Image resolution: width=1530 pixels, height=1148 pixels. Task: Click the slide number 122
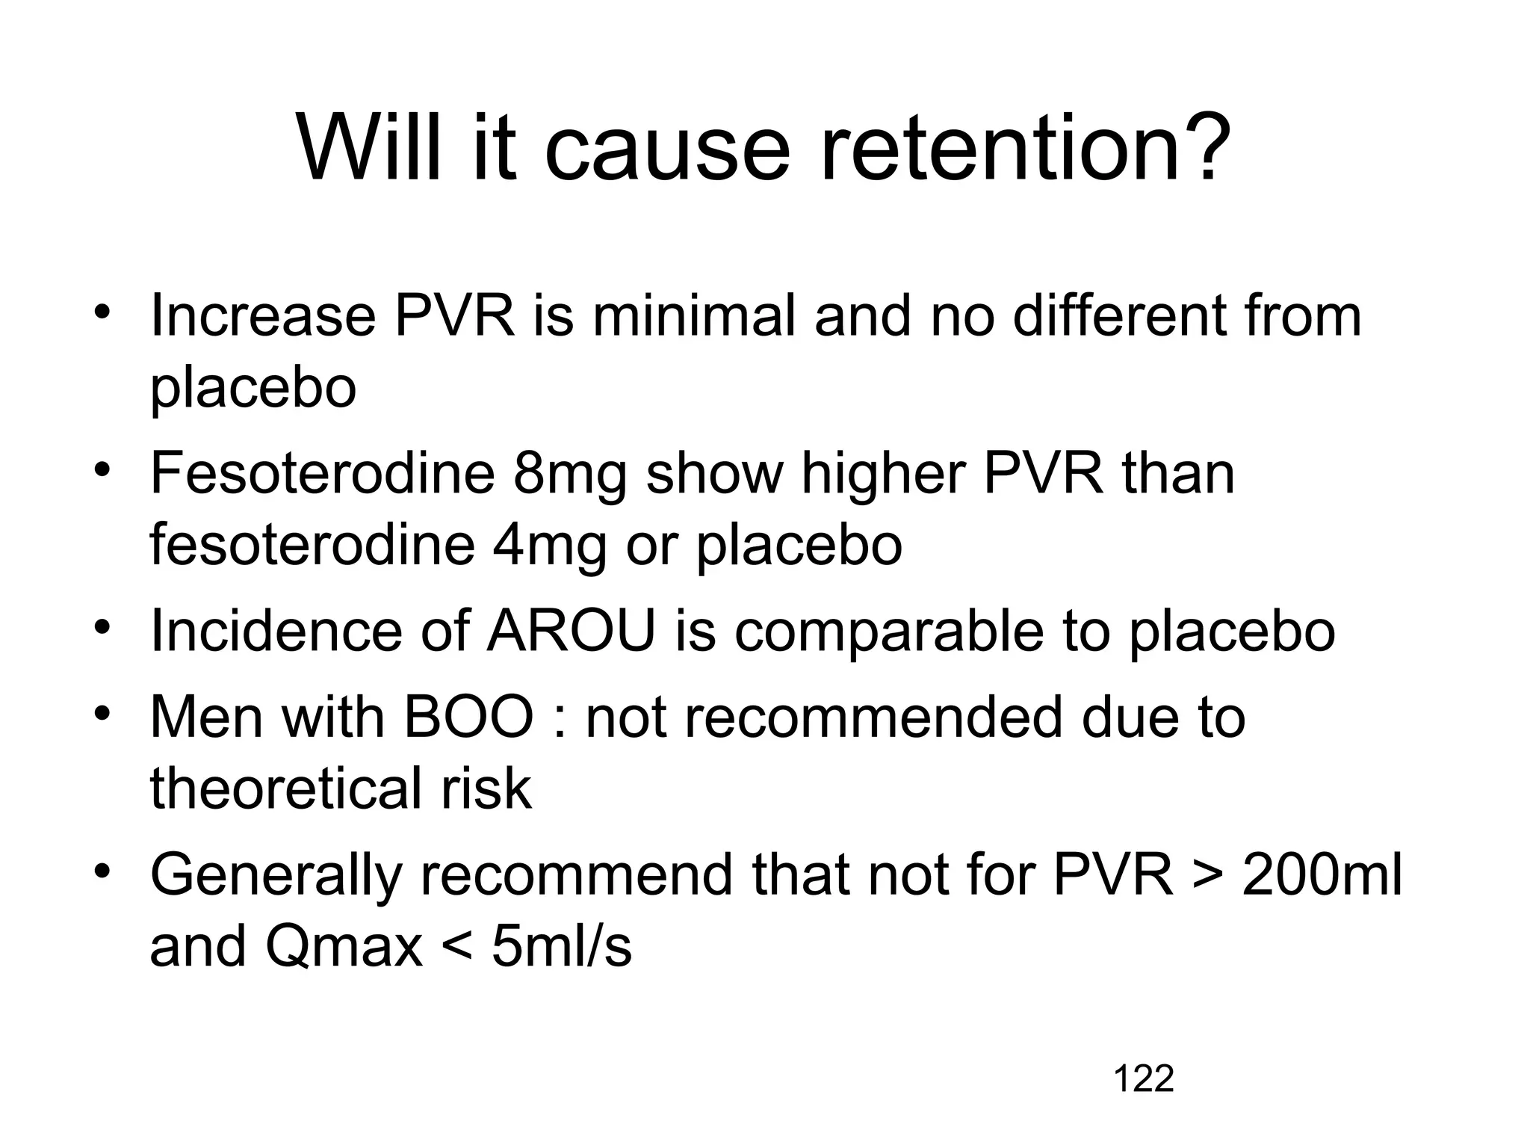click(x=1143, y=1079)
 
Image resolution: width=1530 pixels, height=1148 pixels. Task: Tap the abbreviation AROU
click(x=572, y=632)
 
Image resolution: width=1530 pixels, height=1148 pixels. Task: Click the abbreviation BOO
click(x=468, y=717)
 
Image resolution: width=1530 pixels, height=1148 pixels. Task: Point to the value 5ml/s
click(x=561, y=946)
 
